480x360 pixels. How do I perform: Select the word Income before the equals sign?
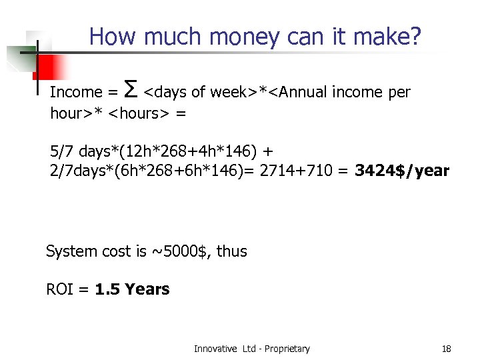(76, 92)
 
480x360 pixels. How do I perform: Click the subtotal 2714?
(275, 171)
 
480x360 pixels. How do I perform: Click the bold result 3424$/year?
(402, 171)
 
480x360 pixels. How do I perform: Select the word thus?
(232, 251)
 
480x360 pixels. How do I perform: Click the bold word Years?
(147, 289)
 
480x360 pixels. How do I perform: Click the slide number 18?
(447, 349)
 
